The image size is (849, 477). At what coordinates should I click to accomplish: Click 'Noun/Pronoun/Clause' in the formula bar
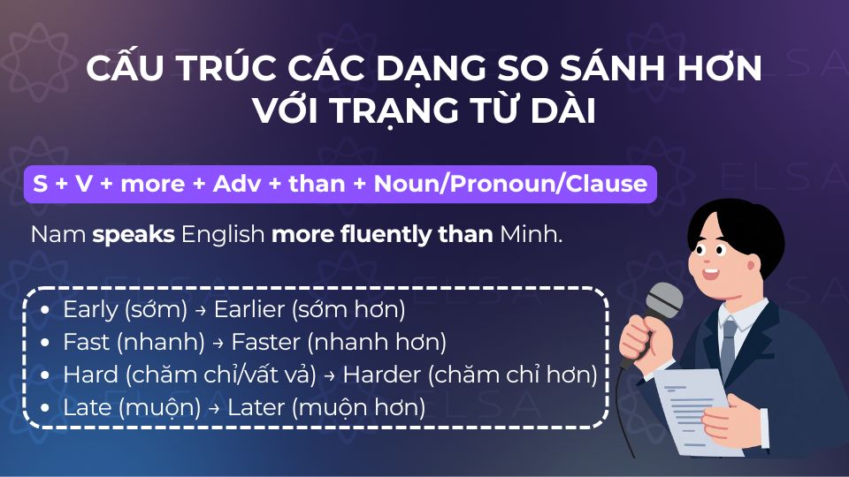click(x=510, y=184)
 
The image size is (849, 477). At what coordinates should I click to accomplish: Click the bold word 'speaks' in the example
click(x=134, y=236)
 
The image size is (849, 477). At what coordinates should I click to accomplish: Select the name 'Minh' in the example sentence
click(x=530, y=236)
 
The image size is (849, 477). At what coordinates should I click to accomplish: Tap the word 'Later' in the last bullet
click(x=256, y=407)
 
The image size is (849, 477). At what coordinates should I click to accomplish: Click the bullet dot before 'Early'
click(x=46, y=311)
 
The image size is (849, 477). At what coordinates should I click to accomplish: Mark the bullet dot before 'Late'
click(x=46, y=408)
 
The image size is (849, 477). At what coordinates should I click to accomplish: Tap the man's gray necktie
click(x=728, y=349)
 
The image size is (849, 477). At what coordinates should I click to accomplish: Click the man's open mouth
click(x=713, y=272)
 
